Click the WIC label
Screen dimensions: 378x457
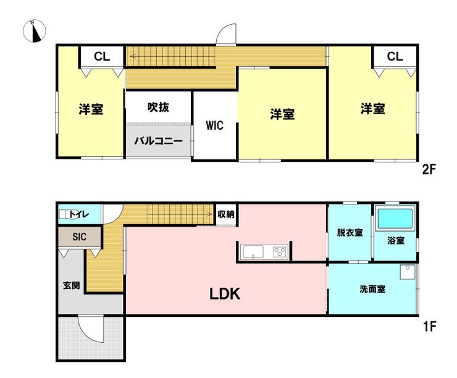(x=214, y=125)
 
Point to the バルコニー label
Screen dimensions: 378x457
(x=159, y=141)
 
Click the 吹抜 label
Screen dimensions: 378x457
(x=158, y=107)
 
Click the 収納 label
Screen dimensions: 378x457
(x=226, y=214)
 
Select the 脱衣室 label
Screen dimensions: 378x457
(x=349, y=233)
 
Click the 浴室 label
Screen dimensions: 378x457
(x=396, y=241)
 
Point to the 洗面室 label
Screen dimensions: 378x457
(x=372, y=288)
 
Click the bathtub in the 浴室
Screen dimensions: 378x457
(x=395, y=219)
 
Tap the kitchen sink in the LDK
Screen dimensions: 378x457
(x=253, y=252)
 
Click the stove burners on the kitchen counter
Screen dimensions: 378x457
(x=280, y=252)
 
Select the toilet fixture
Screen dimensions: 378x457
(x=64, y=215)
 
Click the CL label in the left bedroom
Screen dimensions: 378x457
(x=102, y=57)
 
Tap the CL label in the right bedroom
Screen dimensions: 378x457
(x=395, y=57)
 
